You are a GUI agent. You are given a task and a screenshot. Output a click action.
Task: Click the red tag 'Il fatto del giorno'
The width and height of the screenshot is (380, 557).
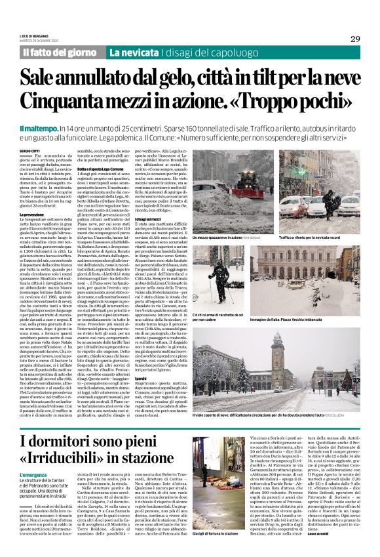[x=60, y=51]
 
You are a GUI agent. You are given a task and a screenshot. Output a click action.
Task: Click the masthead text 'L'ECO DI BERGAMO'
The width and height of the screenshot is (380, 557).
[x=35, y=35]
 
